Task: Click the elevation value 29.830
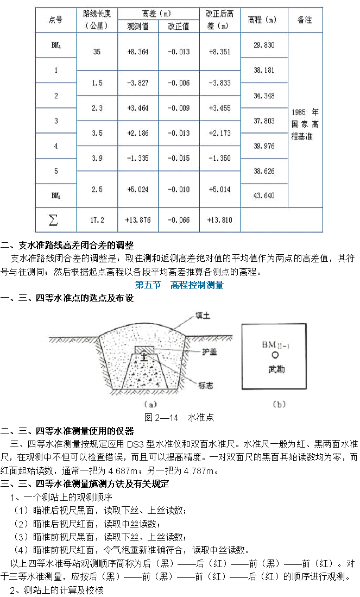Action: click(x=264, y=46)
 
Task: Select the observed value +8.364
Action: click(x=138, y=52)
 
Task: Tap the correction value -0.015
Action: click(x=179, y=158)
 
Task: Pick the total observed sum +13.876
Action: click(x=138, y=220)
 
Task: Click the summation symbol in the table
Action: click(x=53, y=219)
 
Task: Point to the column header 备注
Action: click(x=305, y=20)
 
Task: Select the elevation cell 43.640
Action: click(x=264, y=196)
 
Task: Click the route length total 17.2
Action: click(x=97, y=220)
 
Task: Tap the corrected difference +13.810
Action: click(x=220, y=220)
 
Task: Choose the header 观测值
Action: click(x=138, y=26)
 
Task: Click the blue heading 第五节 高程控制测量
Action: click(x=179, y=285)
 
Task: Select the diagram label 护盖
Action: click(x=210, y=352)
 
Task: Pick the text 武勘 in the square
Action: click(x=276, y=369)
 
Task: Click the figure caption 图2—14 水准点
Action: click(x=179, y=418)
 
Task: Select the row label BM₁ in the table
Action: click(x=55, y=46)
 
